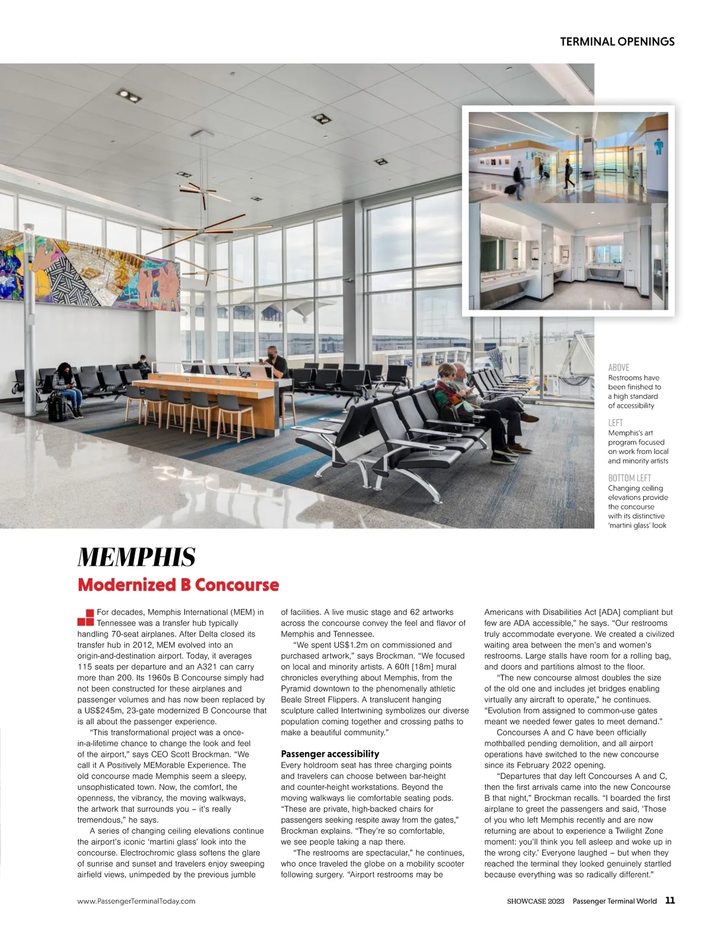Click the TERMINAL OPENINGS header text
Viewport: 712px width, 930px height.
[617, 42]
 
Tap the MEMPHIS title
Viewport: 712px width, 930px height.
[136, 557]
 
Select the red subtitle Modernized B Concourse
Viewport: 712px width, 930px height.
[178, 585]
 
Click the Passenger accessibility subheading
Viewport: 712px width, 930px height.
[330, 754]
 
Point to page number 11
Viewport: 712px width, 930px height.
[670, 900]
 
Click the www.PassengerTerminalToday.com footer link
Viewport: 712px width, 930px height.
[136, 901]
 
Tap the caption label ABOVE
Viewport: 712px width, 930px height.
[618, 367]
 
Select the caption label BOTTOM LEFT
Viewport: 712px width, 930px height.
[629, 478]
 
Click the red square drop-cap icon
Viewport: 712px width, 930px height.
[85, 617]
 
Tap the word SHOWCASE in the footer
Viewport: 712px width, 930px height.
[526, 901]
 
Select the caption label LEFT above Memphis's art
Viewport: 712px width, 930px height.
[615, 423]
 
